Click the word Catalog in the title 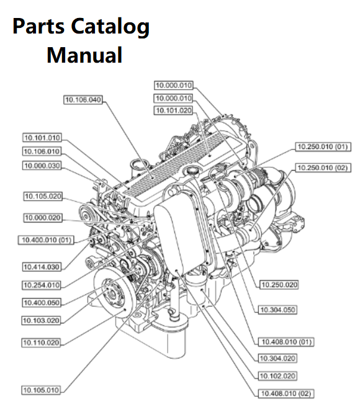coord(110,27)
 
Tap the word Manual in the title coord(84,55)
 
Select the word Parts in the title coord(38,26)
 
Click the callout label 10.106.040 coord(83,100)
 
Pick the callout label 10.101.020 coord(173,110)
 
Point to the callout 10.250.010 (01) coord(323,146)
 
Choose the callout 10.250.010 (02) coord(323,168)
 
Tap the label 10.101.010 coord(42,138)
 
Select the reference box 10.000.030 coord(42,166)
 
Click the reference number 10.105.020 coord(43,196)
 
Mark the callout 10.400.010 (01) coord(46,240)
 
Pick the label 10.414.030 coord(42,267)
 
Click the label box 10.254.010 coord(42,285)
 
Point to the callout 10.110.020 coord(41,343)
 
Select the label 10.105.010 coord(41,390)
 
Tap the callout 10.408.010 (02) coord(286,393)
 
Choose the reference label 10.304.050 coord(277,310)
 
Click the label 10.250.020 coord(279,285)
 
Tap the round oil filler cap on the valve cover coord(192,170)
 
